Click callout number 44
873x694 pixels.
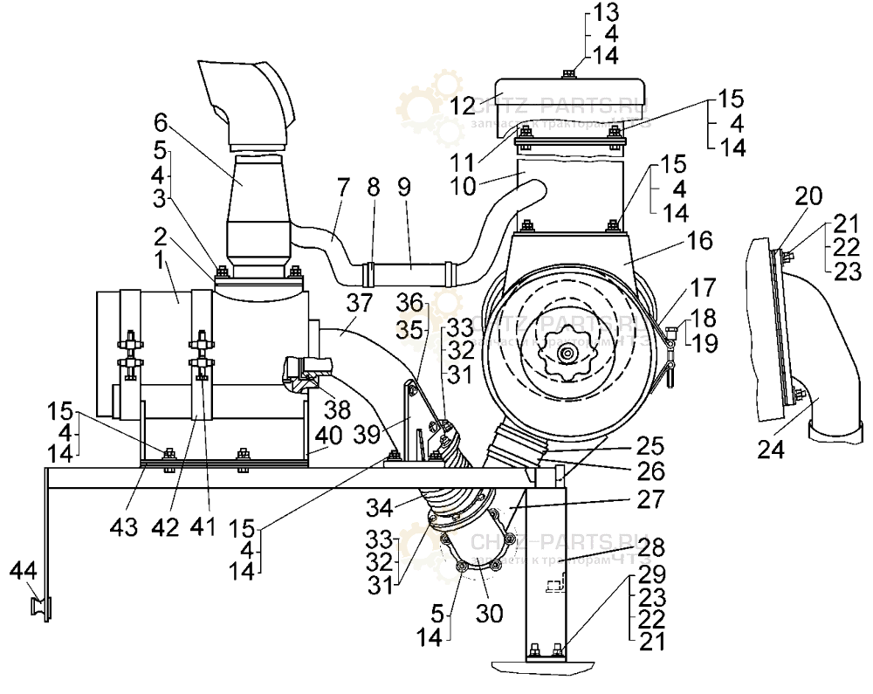tap(24, 571)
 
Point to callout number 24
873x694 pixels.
tap(772, 451)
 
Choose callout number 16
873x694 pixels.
tap(700, 241)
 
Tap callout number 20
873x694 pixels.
tap(808, 197)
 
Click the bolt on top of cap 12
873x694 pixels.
tap(568, 73)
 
